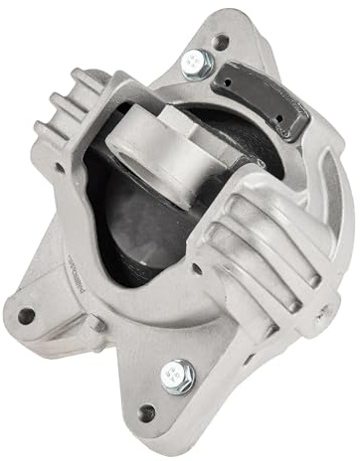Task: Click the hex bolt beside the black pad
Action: point(196,64)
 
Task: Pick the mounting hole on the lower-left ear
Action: point(27,316)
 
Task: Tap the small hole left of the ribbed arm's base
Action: point(198,267)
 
